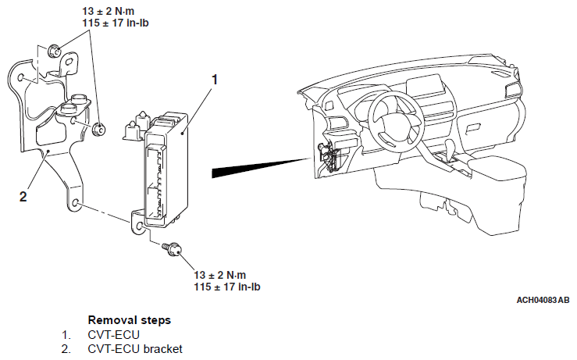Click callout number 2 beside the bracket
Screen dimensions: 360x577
click(x=23, y=196)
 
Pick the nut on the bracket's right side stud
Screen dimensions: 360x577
click(x=99, y=130)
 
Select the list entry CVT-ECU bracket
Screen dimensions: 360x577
click(x=134, y=348)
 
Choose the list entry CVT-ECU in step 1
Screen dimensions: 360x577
click(x=109, y=334)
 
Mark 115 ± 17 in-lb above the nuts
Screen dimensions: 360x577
click(x=116, y=23)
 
